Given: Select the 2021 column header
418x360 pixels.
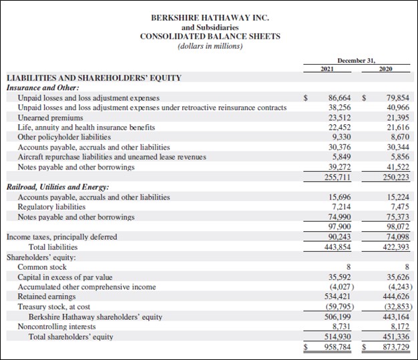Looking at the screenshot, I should point(328,69).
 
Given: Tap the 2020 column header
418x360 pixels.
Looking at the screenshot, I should point(385,69).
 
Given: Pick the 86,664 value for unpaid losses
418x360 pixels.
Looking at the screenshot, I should point(341,98).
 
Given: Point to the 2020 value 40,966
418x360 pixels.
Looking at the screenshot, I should point(399,108).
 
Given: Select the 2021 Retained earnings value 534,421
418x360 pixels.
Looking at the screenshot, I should point(339,297).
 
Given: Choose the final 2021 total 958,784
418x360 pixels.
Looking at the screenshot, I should point(339,347).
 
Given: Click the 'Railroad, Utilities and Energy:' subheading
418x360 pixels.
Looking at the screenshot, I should point(57,187).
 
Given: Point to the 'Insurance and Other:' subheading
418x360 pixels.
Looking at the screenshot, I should point(43,87).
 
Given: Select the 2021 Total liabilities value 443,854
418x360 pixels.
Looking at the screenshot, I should point(339,246).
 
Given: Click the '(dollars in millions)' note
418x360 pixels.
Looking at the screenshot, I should point(210,46).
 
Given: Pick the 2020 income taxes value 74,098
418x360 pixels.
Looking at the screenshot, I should point(399,236).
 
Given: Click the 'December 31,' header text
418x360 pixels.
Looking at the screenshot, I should point(356,60).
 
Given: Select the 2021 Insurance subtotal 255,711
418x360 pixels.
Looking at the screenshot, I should point(339,177).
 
